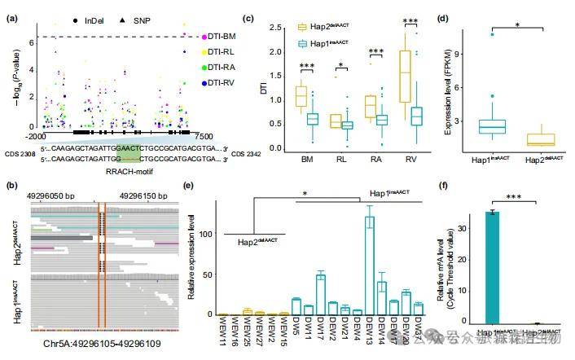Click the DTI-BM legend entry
(219, 37)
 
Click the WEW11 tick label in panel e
(222, 331)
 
